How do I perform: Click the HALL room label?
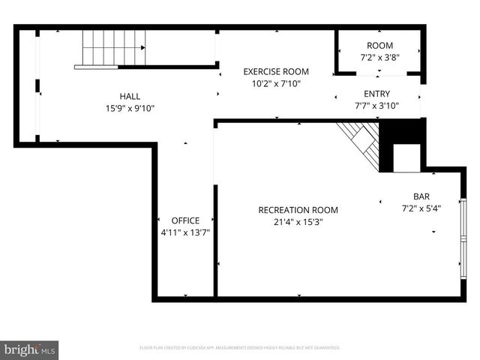(x=130, y=96)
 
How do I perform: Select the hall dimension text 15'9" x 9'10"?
(x=130, y=108)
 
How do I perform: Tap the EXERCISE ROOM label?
(x=276, y=72)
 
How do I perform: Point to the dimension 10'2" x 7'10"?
(x=276, y=84)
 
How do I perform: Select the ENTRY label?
(x=376, y=94)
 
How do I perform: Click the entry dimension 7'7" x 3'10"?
(x=376, y=106)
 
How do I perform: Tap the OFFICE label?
(x=185, y=220)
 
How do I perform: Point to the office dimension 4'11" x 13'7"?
(x=185, y=232)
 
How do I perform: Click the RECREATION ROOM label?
(x=298, y=210)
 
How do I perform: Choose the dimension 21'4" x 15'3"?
(x=298, y=221)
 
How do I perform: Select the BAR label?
(x=421, y=196)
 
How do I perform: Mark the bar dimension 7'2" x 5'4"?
(x=421, y=208)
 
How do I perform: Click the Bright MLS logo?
(x=30, y=349)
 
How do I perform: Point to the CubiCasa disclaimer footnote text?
(x=240, y=348)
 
